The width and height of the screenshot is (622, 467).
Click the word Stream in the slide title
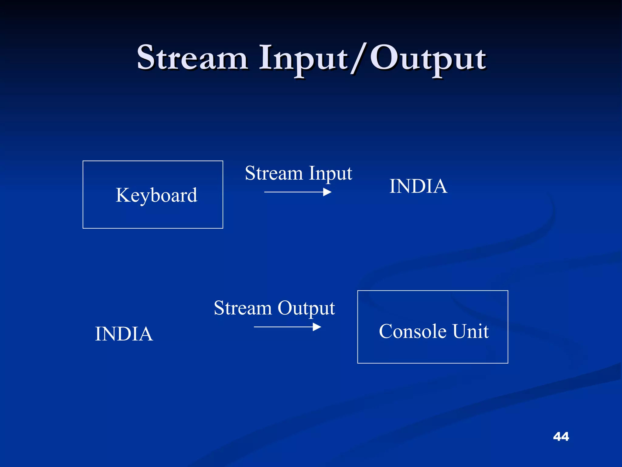[192, 58]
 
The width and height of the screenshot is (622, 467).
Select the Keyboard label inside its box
[156, 195]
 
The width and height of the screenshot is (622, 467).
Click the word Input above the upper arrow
[330, 174]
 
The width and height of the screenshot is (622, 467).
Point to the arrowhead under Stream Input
[327, 192]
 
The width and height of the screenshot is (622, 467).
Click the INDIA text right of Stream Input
[418, 186]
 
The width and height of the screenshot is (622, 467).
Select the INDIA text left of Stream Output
[124, 334]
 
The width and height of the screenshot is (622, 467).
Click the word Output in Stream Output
[306, 308]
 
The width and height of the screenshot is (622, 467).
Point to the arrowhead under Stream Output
[317, 327]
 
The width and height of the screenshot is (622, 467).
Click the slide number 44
[561, 437]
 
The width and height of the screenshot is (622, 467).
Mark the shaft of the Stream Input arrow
[292, 192]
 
